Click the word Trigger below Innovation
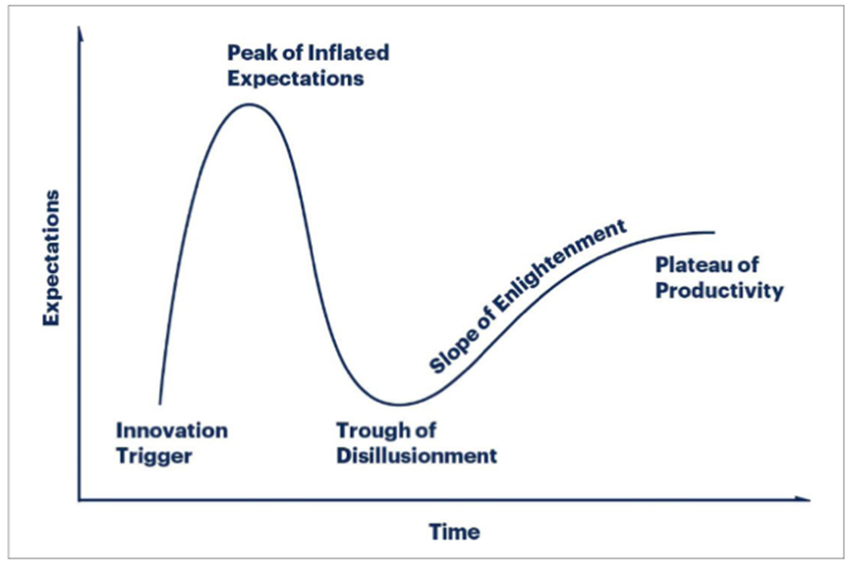[155, 455]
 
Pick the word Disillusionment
[416, 455]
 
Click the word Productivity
[719, 291]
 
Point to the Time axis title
[454, 531]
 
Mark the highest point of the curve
[249, 105]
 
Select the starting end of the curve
[160, 403]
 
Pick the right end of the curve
[714, 232]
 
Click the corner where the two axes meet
[80, 499]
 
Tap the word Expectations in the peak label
[295, 78]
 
